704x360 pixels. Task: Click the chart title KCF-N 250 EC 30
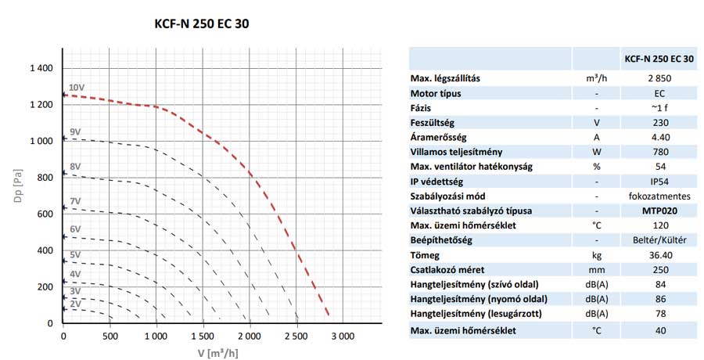click(x=203, y=23)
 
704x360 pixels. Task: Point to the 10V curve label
click(x=77, y=88)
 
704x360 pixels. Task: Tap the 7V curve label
click(x=76, y=201)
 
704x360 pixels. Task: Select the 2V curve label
click(x=76, y=303)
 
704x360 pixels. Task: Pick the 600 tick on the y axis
click(x=45, y=214)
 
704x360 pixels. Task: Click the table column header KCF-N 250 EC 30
click(x=659, y=59)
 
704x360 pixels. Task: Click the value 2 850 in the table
click(x=659, y=78)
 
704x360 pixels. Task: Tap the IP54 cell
click(x=659, y=182)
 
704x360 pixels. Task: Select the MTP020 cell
click(x=659, y=211)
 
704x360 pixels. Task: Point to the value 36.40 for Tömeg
click(x=659, y=255)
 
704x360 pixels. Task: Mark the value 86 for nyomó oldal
click(x=659, y=300)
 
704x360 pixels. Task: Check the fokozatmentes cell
click(x=659, y=196)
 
